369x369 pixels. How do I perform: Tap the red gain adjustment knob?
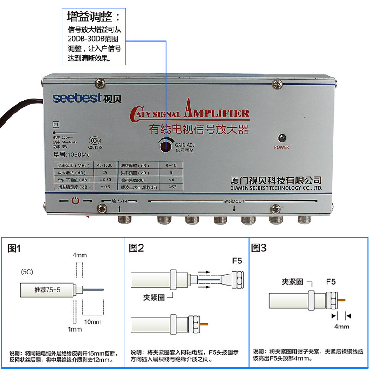(165, 146)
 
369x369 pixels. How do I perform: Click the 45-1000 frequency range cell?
(105, 165)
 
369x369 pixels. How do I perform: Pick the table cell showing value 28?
(105, 172)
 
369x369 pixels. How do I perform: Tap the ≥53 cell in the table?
(172, 187)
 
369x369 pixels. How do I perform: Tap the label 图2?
(137, 249)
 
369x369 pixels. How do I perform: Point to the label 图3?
(259, 249)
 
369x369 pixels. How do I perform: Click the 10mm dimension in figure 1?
(92, 321)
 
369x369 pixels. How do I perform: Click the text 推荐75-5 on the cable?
(48, 290)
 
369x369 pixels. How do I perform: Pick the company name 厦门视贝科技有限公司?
(275, 180)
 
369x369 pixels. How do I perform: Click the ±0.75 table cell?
(105, 179)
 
